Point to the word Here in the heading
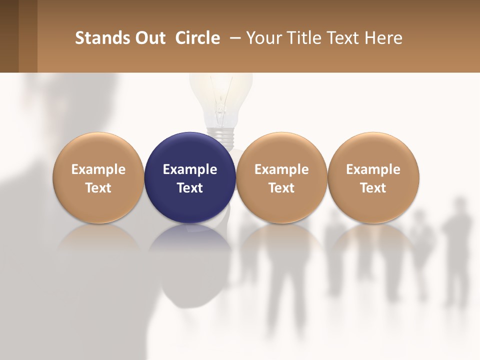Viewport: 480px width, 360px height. tap(383, 38)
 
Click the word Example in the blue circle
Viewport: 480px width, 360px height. tap(190, 169)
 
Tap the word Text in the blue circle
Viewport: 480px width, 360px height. tap(190, 188)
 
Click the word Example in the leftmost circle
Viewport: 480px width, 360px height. tap(98, 169)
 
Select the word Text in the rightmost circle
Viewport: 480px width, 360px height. tap(373, 188)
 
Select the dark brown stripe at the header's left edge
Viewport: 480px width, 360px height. tap(9, 36)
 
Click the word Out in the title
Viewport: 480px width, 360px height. tap(150, 38)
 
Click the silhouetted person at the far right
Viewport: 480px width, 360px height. tap(457, 250)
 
